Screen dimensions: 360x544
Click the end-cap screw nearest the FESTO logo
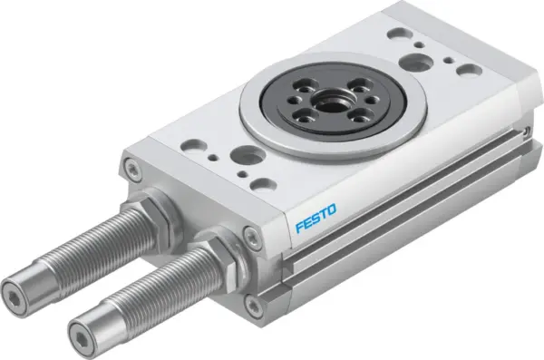point(261,237)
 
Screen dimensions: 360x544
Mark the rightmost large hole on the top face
point(468,69)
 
